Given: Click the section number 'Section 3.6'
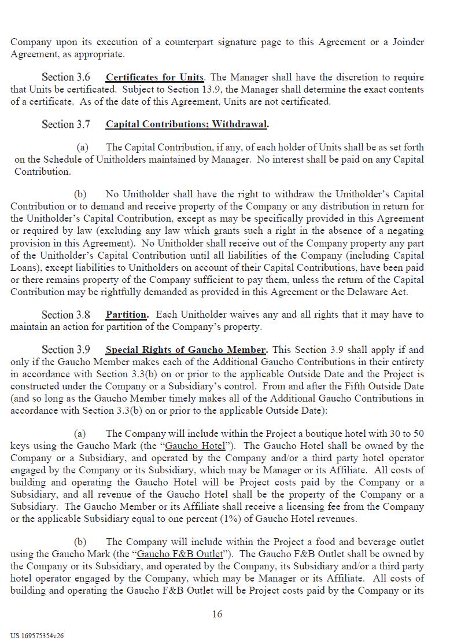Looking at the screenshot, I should (66, 77).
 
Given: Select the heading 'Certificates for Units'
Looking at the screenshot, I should (154, 77).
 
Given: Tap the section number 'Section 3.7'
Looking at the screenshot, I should (66, 124).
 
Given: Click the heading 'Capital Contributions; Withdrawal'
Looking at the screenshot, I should (186, 124).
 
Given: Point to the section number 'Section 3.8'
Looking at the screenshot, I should (66, 315).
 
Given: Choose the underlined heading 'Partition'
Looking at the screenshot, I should (126, 315).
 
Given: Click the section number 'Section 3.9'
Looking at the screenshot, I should (66, 349).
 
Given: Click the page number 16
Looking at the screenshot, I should (217, 614).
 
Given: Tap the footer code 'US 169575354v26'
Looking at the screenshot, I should (37, 635).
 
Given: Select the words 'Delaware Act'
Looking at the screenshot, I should (379, 292).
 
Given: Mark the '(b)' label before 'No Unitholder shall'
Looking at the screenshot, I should (80, 194).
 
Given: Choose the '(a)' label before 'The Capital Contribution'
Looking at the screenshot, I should (83, 148).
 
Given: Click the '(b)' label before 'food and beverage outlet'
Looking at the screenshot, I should (80, 542).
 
